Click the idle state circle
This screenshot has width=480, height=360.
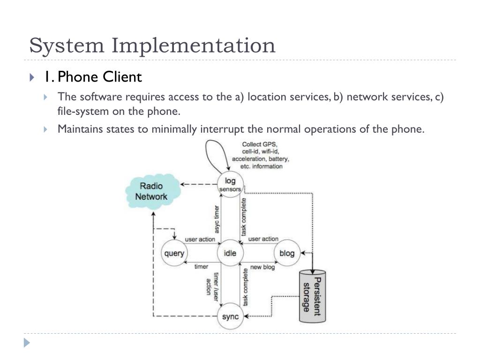tap(230, 254)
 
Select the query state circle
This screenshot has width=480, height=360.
tap(173, 254)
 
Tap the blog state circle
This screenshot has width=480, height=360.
tap(287, 254)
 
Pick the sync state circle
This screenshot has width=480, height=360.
tap(230, 316)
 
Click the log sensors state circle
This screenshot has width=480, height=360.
tap(230, 184)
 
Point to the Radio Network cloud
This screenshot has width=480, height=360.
tap(151, 191)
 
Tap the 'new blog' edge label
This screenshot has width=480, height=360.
tap(262, 267)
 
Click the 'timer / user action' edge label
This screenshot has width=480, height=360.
tap(212, 284)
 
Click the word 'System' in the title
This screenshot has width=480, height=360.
tap(66, 46)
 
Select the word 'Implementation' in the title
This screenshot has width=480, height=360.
tap(193, 46)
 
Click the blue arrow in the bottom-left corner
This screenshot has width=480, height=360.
tap(27, 343)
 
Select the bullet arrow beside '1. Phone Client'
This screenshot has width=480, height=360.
tap(32, 77)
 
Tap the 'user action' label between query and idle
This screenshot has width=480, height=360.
tap(200, 240)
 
